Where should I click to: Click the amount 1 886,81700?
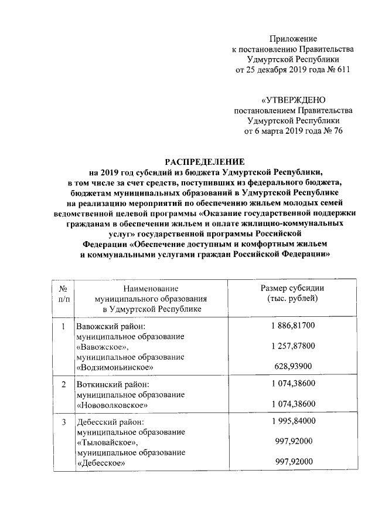293,325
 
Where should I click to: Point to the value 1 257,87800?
293,346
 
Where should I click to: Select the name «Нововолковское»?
112,405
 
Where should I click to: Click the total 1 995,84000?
293,421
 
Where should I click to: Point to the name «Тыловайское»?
108,442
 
